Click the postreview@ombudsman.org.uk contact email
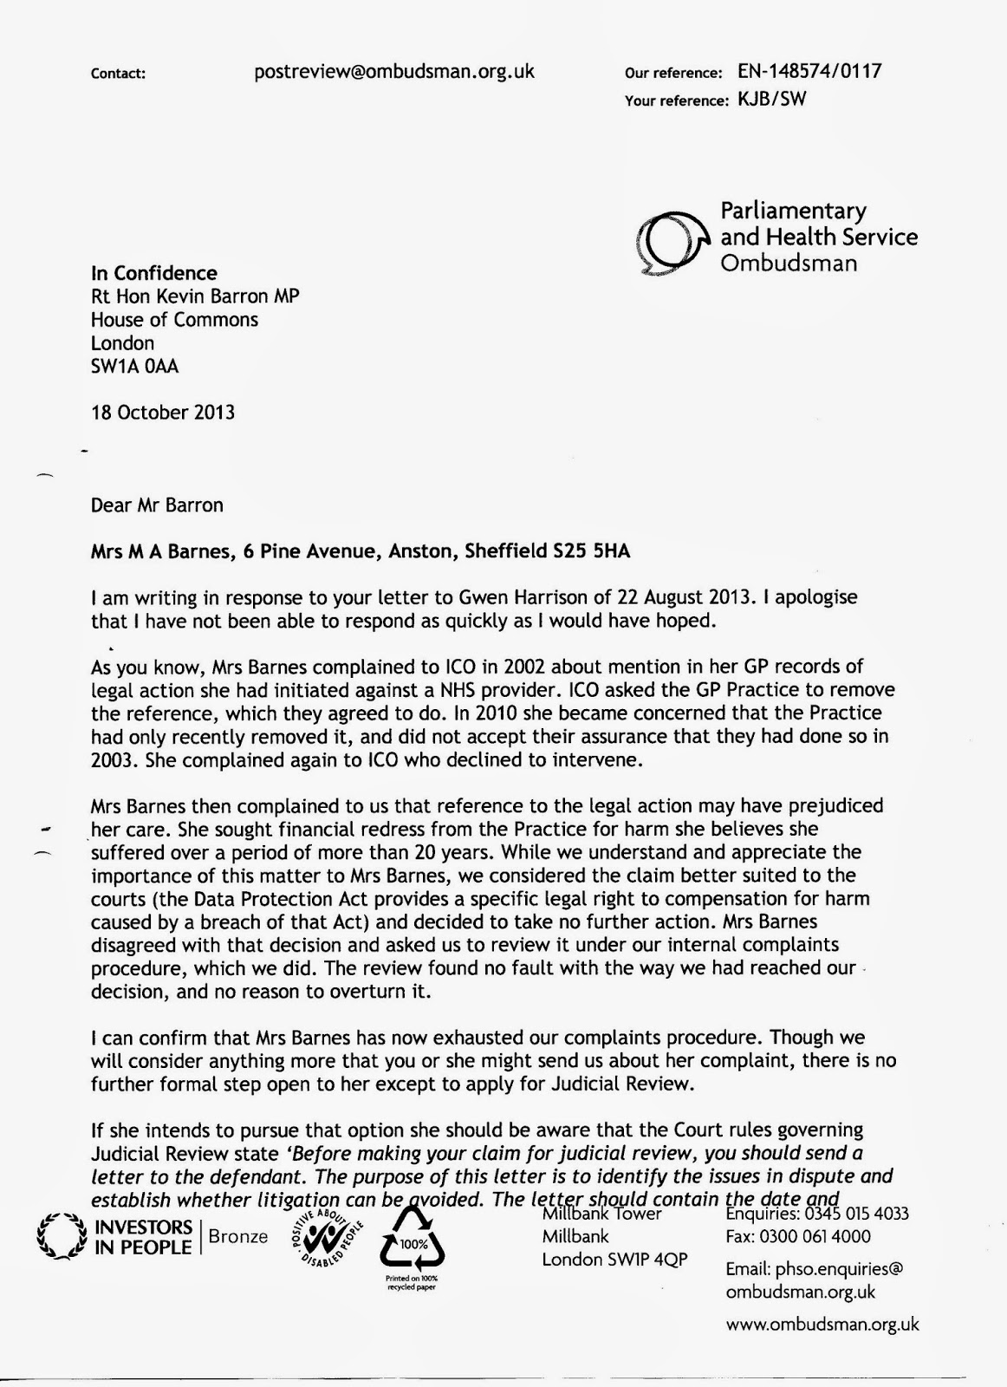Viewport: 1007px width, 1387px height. click(x=394, y=72)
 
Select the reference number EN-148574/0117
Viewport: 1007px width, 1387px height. click(x=809, y=71)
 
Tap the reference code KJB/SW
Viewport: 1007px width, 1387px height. click(x=771, y=99)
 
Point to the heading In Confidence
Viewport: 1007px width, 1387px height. click(x=154, y=273)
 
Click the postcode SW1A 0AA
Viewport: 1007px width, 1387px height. click(x=134, y=367)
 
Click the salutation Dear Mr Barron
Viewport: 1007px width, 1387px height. click(x=157, y=505)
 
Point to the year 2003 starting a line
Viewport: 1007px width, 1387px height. click(x=114, y=760)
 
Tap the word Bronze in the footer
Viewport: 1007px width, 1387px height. click(x=238, y=1237)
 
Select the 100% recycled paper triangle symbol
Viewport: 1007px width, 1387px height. click(x=412, y=1241)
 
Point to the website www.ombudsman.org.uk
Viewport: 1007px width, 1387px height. click(x=822, y=1324)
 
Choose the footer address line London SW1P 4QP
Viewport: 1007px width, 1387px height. click(x=614, y=1260)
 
